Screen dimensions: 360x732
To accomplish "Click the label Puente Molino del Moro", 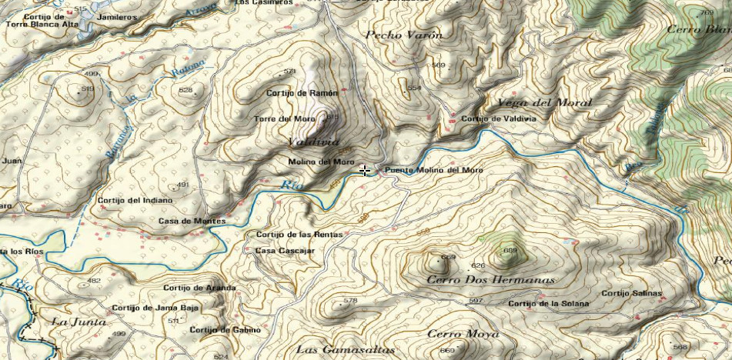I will click(x=433, y=170).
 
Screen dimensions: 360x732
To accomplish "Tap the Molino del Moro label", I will click(x=321, y=162).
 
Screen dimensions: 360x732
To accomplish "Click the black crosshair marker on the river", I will click(x=364, y=170).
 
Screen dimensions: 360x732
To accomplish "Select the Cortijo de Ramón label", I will click(x=302, y=93).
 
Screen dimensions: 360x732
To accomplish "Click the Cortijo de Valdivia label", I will click(x=498, y=119).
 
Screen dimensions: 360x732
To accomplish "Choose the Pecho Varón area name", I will click(x=403, y=35).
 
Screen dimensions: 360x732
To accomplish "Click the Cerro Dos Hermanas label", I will click(x=490, y=280).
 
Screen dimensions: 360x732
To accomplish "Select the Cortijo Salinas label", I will click(x=631, y=293).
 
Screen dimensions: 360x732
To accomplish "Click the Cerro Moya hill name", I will click(x=463, y=334).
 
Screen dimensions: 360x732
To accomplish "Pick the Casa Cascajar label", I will click(x=285, y=251).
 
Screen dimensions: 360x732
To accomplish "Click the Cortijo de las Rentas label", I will click(x=294, y=235).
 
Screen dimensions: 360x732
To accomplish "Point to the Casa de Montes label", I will click(x=192, y=222).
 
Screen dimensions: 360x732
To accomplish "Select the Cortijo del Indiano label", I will click(x=135, y=201).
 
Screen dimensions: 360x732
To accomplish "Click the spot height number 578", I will click(x=350, y=301).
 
